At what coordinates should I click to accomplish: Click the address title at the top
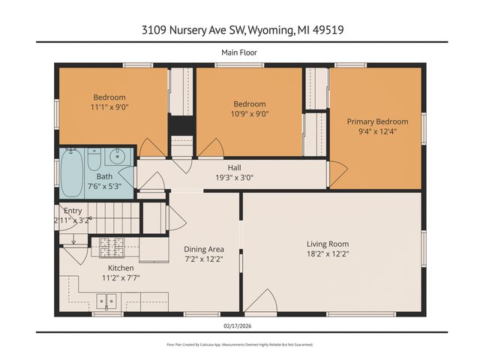[x=240, y=30]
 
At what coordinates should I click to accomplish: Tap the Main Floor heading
[x=240, y=52]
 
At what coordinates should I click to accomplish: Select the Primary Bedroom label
[x=377, y=121]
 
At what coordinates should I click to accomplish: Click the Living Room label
[x=328, y=244]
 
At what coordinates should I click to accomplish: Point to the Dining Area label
[x=205, y=250]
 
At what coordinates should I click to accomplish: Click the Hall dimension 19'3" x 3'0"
[x=235, y=177]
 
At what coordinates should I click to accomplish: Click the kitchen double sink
[x=106, y=302]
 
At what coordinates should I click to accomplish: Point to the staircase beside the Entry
[x=120, y=219]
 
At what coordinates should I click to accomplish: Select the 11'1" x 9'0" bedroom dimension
[x=109, y=108]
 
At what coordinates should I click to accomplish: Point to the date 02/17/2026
[x=240, y=325]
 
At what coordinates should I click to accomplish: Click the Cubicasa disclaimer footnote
[x=240, y=344]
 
